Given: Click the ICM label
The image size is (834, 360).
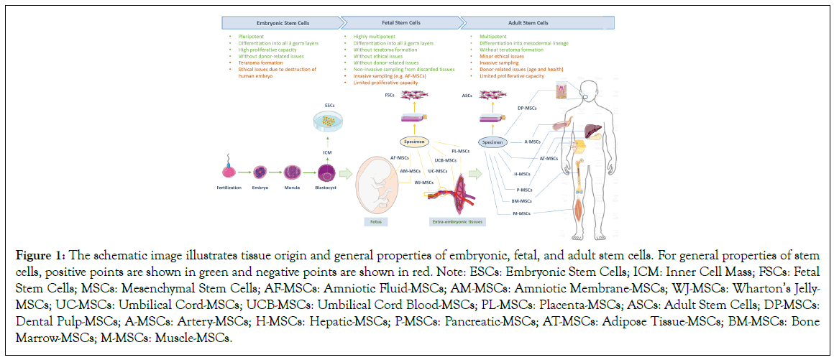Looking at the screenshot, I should point(328,152).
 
